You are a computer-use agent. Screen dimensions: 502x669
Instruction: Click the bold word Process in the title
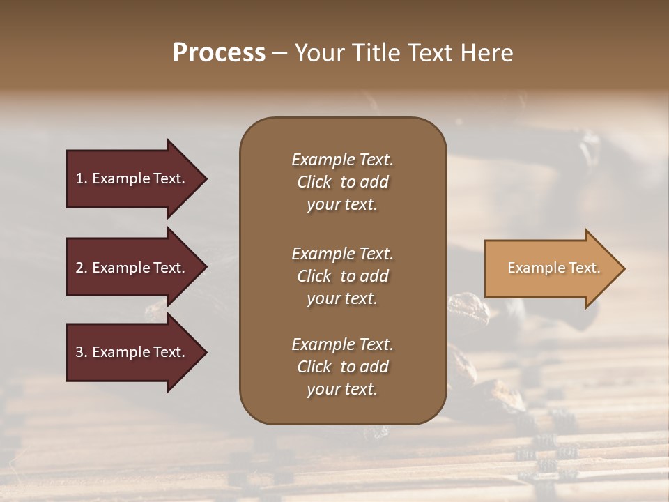click(219, 53)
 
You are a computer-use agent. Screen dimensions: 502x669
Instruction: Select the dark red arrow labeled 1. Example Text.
click(132, 178)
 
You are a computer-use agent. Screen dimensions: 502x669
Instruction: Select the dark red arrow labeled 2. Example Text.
click(132, 268)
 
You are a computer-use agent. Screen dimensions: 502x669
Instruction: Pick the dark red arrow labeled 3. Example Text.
click(132, 352)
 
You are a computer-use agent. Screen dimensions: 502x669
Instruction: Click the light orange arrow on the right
click(551, 268)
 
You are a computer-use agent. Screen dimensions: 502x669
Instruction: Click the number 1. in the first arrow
click(82, 178)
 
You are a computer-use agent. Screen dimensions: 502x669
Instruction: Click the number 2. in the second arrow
click(82, 268)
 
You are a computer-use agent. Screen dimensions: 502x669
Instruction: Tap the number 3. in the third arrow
click(82, 352)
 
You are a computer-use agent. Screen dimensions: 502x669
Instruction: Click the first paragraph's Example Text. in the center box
click(342, 160)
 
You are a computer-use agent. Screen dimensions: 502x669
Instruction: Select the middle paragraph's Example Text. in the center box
click(342, 253)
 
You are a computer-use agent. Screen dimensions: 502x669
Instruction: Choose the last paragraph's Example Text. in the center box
click(342, 344)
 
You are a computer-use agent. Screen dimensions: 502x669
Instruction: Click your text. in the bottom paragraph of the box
click(342, 389)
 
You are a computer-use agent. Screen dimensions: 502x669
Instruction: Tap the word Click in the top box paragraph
click(314, 182)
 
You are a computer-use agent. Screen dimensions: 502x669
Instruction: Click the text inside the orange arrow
click(553, 268)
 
